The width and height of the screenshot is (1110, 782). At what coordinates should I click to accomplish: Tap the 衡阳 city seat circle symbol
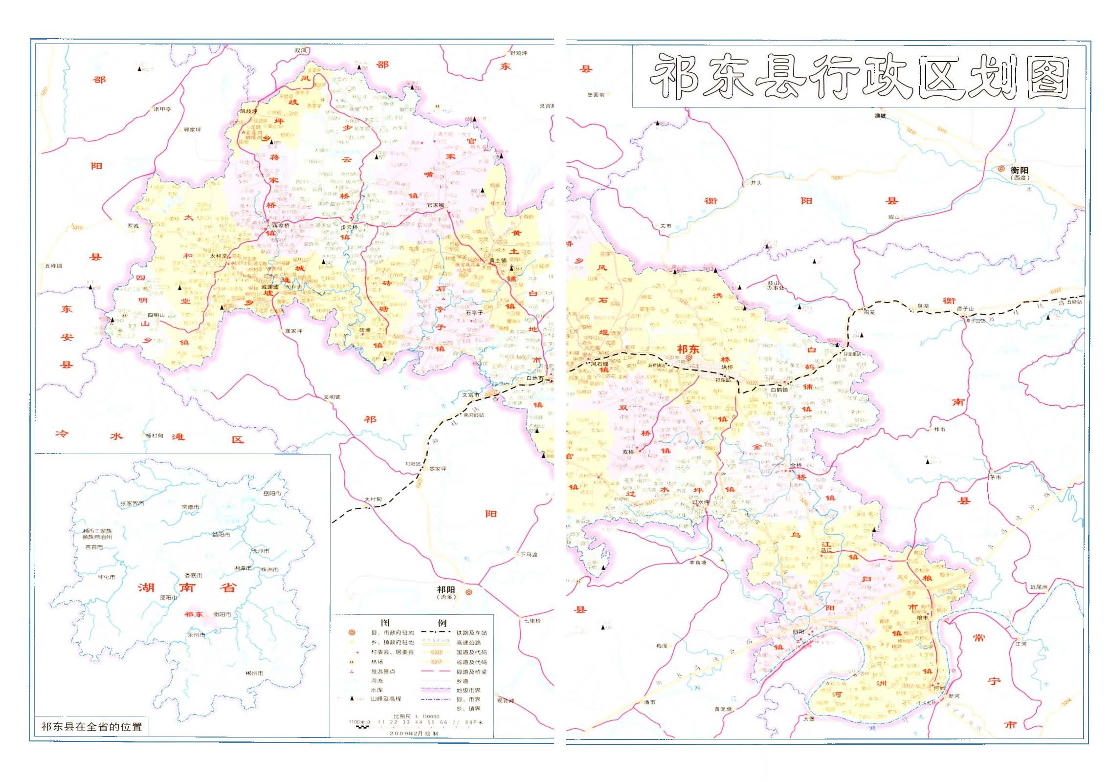click(x=1001, y=169)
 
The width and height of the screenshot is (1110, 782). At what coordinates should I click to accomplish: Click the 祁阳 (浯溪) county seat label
click(x=446, y=592)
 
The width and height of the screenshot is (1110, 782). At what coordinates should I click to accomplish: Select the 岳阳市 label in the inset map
click(x=272, y=493)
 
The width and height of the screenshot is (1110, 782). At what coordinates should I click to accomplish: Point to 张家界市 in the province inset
click(x=132, y=503)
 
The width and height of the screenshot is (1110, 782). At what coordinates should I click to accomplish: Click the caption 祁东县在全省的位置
click(x=91, y=727)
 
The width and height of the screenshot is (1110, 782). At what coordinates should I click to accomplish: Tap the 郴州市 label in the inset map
click(x=254, y=673)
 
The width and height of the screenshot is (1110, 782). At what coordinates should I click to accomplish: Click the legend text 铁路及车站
click(x=471, y=632)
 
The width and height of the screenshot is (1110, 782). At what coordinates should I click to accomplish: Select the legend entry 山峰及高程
click(x=385, y=699)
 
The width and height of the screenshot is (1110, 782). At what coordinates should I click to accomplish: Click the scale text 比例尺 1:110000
click(x=416, y=716)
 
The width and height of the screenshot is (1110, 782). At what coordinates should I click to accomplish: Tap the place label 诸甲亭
click(x=162, y=109)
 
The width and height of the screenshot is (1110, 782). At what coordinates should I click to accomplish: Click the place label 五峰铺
click(x=53, y=265)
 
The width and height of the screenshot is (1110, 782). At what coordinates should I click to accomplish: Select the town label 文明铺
click(x=332, y=397)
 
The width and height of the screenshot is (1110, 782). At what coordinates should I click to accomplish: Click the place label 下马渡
click(x=529, y=555)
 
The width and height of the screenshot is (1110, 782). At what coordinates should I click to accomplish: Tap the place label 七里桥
click(x=532, y=621)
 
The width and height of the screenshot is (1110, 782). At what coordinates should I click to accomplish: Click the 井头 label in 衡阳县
click(x=756, y=182)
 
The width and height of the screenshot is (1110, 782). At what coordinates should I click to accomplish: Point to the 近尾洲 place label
click(x=1038, y=586)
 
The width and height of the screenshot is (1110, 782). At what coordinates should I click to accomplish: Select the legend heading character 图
click(x=385, y=623)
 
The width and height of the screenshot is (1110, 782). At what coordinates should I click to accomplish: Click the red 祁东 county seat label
click(x=688, y=349)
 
